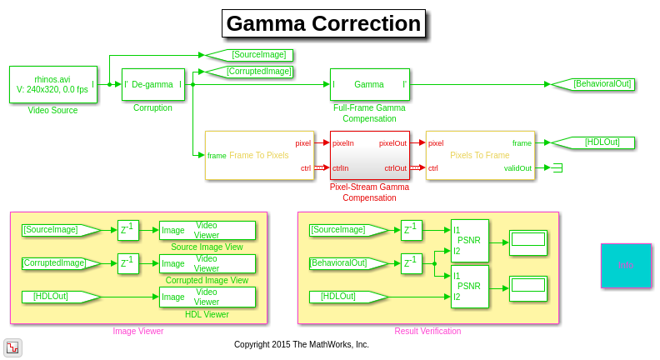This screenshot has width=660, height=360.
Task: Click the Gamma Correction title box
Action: click(x=323, y=23)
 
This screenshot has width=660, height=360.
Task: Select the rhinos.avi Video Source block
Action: click(x=52, y=84)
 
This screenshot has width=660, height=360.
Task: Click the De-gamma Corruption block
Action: click(x=153, y=84)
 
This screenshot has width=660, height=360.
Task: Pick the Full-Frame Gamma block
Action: click(x=369, y=84)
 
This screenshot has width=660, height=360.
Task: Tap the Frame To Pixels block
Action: click(x=259, y=155)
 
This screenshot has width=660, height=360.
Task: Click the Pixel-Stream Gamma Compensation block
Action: click(x=369, y=155)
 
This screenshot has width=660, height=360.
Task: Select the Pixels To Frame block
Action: click(x=480, y=155)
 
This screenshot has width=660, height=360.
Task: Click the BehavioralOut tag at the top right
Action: click(x=593, y=84)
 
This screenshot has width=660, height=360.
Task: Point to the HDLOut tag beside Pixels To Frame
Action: click(x=593, y=142)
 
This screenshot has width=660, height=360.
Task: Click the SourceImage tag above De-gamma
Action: click(x=249, y=55)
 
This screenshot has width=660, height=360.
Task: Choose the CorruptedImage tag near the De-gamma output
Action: click(x=249, y=72)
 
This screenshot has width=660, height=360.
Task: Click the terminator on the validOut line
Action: click(x=557, y=167)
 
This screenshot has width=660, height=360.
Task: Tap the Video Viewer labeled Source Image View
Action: click(x=207, y=230)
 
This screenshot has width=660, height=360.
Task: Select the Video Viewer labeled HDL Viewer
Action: click(x=207, y=297)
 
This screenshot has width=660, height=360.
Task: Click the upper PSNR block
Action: click(x=469, y=241)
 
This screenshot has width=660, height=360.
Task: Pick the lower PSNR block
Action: click(x=469, y=286)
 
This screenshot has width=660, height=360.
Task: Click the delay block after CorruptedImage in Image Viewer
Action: click(x=128, y=263)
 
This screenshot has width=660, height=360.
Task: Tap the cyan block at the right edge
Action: click(x=626, y=266)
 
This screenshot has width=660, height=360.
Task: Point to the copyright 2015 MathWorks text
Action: click(x=301, y=344)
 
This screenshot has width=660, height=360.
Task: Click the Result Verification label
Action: click(x=427, y=331)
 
